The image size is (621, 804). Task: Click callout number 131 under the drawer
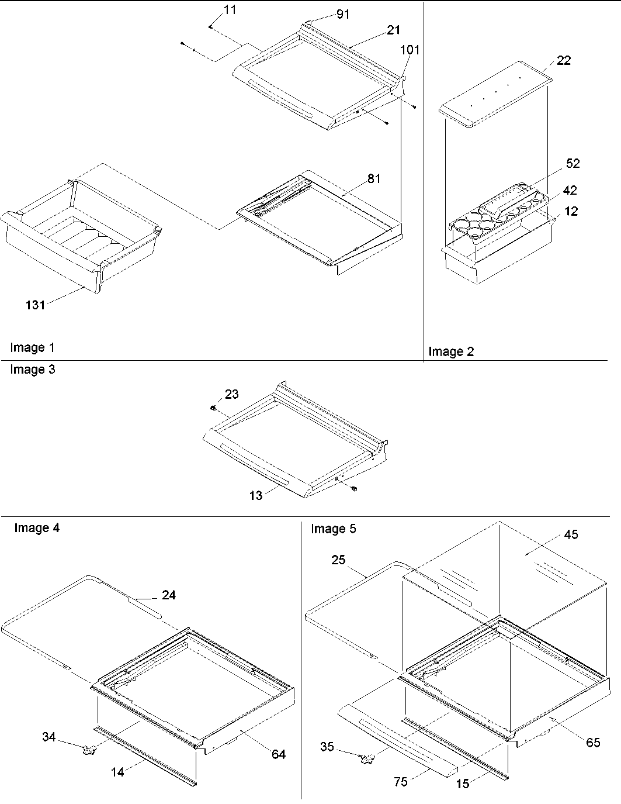point(35,304)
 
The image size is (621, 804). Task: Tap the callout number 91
point(343,14)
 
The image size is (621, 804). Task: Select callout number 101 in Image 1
point(410,50)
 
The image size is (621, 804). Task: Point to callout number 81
point(373,178)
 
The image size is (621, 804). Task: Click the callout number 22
point(564,60)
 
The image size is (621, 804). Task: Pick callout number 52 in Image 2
point(573,163)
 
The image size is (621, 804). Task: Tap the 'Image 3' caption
point(33,370)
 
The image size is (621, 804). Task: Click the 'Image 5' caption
point(333,529)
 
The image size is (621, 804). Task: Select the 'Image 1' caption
point(32,348)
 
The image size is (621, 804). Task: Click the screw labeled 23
point(214,407)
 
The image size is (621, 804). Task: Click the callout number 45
point(571,534)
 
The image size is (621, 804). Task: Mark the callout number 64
point(279,754)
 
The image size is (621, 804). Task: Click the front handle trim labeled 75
point(397,739)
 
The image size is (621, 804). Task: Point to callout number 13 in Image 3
point(256,495)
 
